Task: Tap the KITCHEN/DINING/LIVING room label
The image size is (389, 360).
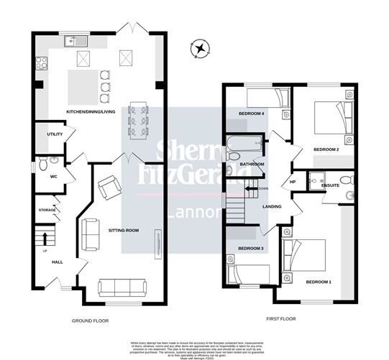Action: (92, 112)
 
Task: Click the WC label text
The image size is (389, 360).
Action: (53, 176)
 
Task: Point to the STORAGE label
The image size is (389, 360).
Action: (47, 210)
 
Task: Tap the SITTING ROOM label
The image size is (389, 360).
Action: (124, 231)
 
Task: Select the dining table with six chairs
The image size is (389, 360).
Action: (138, 121)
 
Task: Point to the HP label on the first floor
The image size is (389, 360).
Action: (293, 182)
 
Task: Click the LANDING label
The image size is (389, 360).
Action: (273, 206)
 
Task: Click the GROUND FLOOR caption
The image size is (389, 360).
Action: (90, 320)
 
